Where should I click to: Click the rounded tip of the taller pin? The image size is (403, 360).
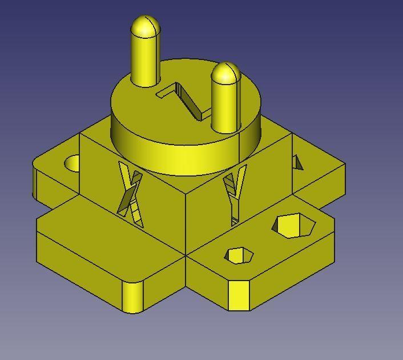tap(145, 26)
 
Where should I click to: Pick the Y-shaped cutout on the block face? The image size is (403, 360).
tap(235, 189)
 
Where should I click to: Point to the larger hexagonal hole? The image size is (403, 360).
tap(293, 225)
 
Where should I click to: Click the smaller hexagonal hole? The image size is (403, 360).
tap(239, 255)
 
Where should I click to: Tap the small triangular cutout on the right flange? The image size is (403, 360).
tap(297, 163)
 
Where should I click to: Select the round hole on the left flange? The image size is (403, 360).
tap(73, 163)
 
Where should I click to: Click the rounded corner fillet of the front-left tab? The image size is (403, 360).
tap(132, 297)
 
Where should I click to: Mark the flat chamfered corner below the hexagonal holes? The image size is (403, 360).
tap(239, 295)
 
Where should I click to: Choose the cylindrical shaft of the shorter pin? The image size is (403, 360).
tap(224, 106)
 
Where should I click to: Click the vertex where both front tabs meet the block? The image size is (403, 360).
tap(186, 255)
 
